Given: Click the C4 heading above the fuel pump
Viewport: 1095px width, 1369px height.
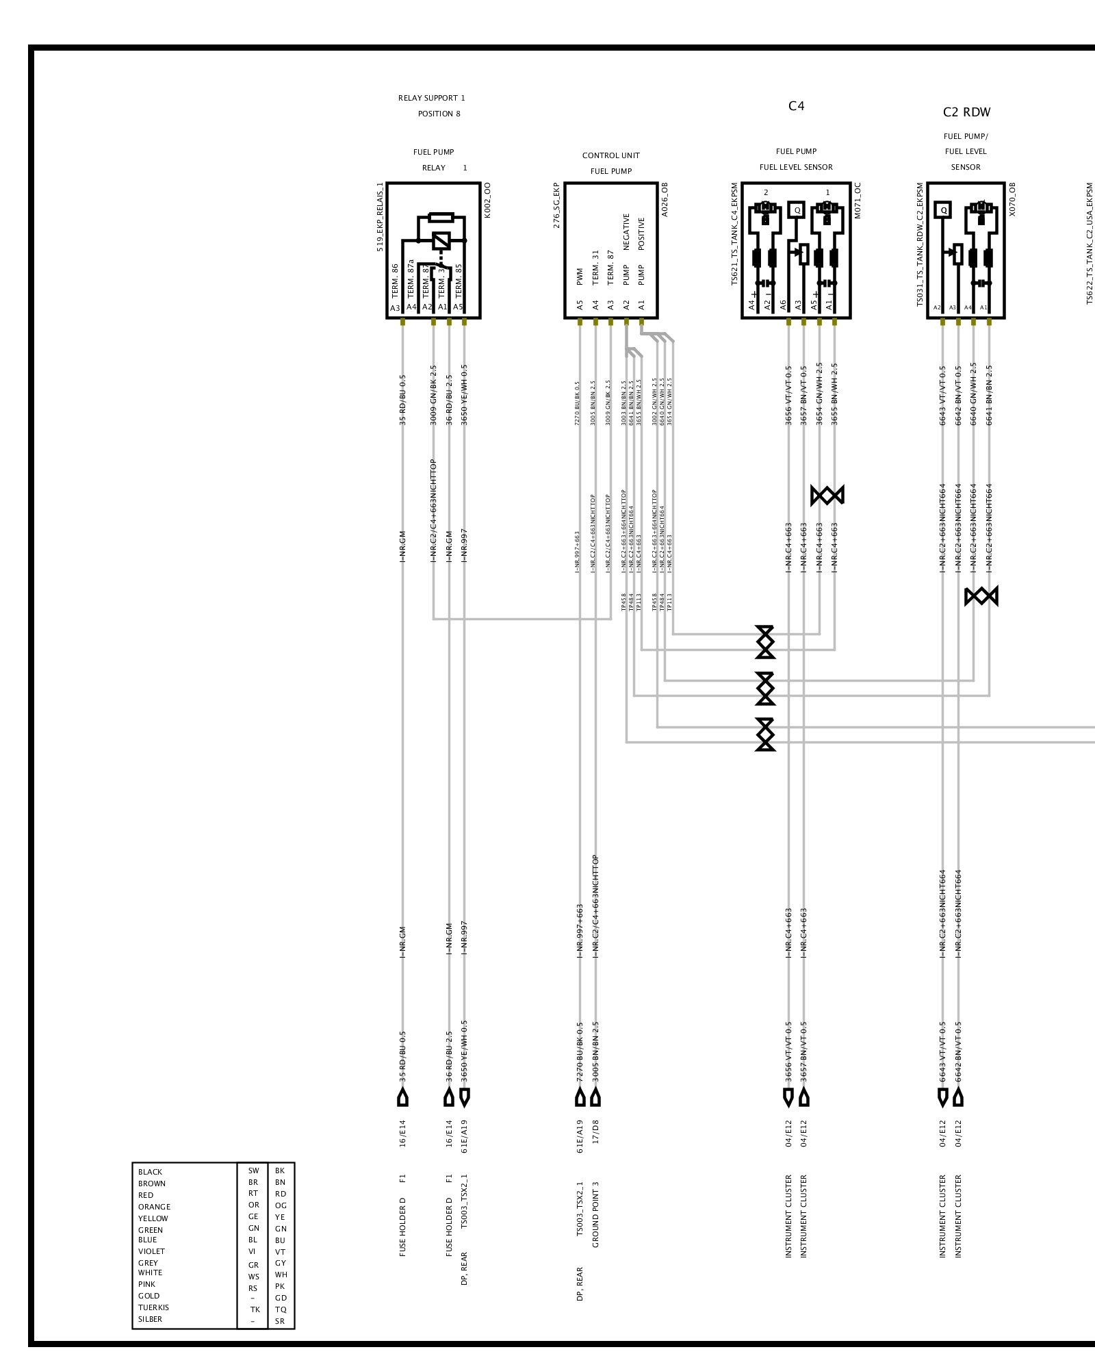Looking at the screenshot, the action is [x=796, y=106].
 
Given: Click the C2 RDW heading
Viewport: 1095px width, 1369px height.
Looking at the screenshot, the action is [x=966, y=112].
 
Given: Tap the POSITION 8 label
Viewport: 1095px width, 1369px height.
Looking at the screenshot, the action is [x=439, y=114].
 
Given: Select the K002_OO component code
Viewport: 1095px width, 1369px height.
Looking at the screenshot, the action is [x=487, y=200].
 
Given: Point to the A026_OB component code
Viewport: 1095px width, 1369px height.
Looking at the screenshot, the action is [x=665, y=200].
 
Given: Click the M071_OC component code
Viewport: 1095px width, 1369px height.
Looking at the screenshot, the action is [x=858, y=200].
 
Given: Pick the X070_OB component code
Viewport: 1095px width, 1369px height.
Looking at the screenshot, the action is [x=1012, y=200].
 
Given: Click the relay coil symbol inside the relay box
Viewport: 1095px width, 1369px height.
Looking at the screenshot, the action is [x=441, y=240].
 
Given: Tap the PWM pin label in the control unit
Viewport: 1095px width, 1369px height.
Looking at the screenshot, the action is [x=580, y=277].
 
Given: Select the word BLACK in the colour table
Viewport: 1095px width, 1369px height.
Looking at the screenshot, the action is [x=150, y=1172].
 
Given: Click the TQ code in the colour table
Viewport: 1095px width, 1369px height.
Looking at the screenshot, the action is [x=281, y=1309].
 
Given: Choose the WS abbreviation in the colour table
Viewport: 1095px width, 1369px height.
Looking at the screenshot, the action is [x=253, y=1277].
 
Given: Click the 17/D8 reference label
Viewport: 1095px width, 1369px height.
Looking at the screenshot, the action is [x=595, y=1131].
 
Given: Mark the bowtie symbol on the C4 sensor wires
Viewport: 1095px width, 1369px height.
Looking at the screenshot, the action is [x=827, y=495].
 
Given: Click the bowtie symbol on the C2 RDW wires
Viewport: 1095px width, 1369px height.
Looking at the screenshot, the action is [x=981, y=597].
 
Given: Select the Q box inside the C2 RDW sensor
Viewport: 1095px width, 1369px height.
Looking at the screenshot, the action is [x=944, y=210].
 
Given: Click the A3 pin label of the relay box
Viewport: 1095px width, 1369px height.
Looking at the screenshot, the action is [x=395, y=308].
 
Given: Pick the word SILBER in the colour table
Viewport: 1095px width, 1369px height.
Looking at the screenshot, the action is [x=150, y=1319].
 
